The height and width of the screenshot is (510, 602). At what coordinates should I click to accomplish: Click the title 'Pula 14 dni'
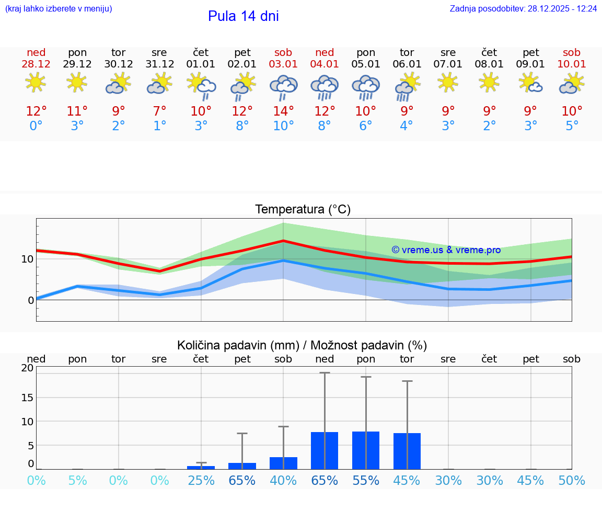click(x=243, y=16)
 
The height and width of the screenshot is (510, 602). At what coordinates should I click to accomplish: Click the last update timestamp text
click(x=523, y=9)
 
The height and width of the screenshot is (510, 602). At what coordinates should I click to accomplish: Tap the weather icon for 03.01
click(x=283, y=86)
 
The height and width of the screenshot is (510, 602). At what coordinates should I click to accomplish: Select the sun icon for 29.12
click(x=77, y=83)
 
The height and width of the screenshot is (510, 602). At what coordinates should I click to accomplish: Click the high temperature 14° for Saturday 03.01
click(x=283, y=111)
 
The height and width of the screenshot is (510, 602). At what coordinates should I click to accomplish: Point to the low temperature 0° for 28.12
click(x=36, y=126)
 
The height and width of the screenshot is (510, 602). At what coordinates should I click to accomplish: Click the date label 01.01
click(x=201, y=64)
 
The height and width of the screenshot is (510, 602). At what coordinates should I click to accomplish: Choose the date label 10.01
click(x=572, y=64)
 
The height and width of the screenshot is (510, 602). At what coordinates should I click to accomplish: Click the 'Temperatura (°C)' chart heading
click(x=303, y=210)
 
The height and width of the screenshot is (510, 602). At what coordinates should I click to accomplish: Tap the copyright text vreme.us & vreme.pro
click(x=446, y=250)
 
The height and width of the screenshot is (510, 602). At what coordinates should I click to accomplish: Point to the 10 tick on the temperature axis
click(x=27, y=259)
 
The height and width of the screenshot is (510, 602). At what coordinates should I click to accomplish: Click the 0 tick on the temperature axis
click(x=30, y=300)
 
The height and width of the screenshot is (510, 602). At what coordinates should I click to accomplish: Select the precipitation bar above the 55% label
click(x=366, y=450)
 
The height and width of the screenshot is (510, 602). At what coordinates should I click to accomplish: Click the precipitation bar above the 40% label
click(x=283, y=463)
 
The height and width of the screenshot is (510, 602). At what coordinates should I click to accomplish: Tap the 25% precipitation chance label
click(x=201, y=481)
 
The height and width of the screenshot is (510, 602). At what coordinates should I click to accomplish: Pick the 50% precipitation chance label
click(x=572, y=481)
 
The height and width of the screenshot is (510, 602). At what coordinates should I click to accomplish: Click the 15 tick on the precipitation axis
click(x=27, y=397)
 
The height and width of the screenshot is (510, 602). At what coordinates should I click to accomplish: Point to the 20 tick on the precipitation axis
click(x=27, y=368)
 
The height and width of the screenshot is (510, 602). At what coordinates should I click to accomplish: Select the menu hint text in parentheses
click(x=59, y=9)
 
